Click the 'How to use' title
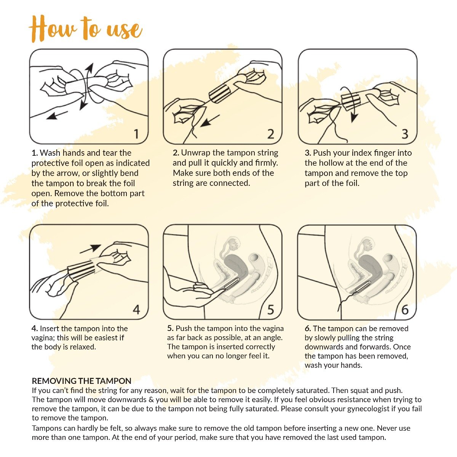(86, 29)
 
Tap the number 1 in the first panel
(136, 134)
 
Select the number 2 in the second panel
(271, 134)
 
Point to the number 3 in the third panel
(405, 134)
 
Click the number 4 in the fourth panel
(136, 310)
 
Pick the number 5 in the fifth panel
(271, 310)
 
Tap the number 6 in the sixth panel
(405, 310)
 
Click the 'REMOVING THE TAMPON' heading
(81, 381)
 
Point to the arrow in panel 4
(90, 249)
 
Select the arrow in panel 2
(209, 121)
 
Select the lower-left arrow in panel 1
(57, 115)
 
